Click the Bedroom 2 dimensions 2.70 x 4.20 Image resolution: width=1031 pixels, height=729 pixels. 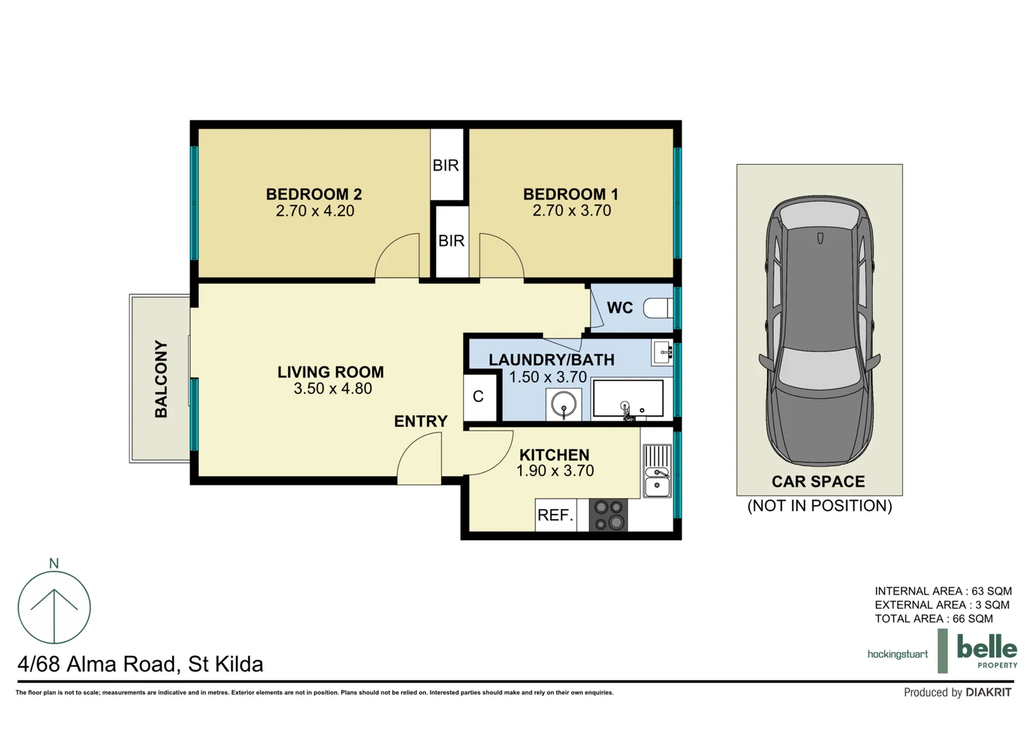pos(314,211)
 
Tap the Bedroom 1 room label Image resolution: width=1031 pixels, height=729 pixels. pos(570,194)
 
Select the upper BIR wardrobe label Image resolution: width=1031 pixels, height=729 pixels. pos(445,165)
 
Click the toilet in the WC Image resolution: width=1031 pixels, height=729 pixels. pos(657,308)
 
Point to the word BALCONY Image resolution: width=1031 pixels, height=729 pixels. pos(161,379)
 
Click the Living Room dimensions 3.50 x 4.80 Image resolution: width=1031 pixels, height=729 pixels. pos(332,389)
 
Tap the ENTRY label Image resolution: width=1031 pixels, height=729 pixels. pos(420,421)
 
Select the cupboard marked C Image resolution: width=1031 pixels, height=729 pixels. pos(478,397)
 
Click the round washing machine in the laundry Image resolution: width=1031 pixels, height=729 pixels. pos(563,405)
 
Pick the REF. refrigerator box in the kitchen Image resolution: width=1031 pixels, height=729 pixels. pos(555,515)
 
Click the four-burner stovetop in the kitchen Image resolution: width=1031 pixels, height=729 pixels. pos(608,515)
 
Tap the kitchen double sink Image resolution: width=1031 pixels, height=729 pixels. pos(657,471)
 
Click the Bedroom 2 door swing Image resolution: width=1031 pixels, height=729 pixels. pos(398,258)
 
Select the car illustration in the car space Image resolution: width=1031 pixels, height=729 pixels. pos(819,331)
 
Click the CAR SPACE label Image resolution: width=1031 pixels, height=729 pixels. pos(818,482)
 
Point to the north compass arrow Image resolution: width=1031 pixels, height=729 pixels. pos(54,607)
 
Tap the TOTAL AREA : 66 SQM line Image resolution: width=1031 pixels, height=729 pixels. pos(933,619)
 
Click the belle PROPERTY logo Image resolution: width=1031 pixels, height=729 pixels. pos(986,651)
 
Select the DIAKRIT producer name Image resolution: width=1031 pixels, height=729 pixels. pos(988,693)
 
